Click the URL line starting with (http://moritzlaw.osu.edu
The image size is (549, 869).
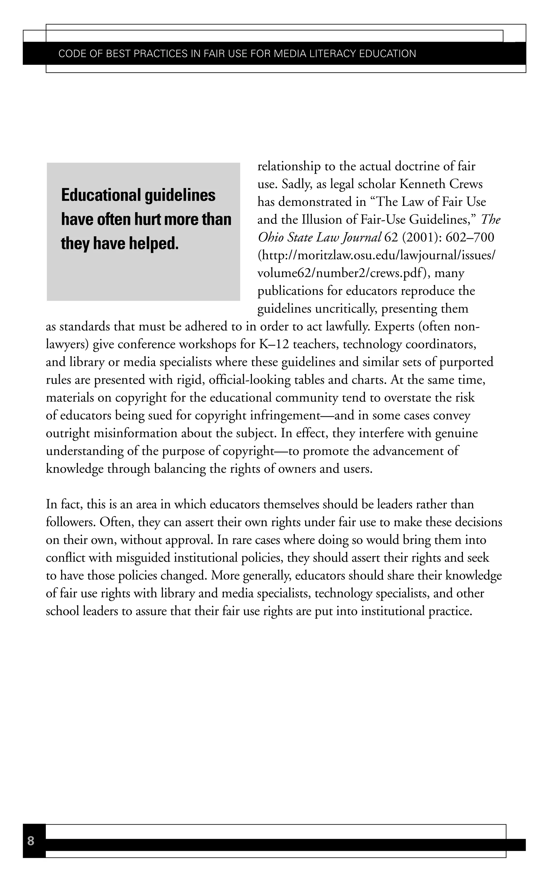point(376,255)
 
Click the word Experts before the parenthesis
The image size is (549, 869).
point(394,326)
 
